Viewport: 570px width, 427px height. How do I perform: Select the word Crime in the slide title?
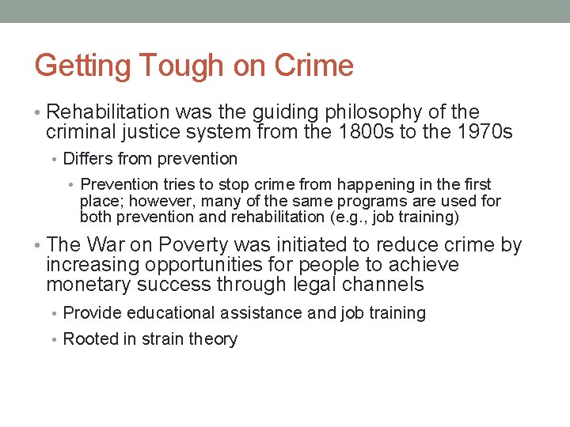[313, 66]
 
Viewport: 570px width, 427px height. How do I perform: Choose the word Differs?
[88, 159]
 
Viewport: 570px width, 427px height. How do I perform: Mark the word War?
[106, 245]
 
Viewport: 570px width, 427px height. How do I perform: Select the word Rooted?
[88, 339]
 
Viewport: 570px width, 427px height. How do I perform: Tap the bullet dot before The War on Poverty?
[39, 246]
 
